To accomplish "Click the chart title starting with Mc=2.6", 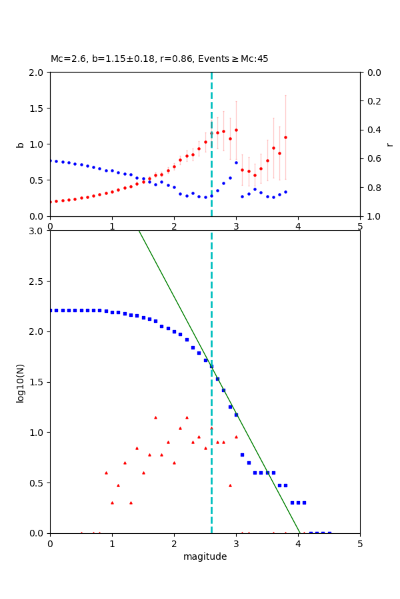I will click(x=159, y=59).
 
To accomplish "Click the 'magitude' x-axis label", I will click(x=205, y=556).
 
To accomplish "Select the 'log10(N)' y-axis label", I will click(x=20, y=382).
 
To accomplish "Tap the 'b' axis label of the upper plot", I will click(x=20, y=144).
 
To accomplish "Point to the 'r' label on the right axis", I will click(x=389, y=144).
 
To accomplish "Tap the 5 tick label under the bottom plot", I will click(x=360, y=544).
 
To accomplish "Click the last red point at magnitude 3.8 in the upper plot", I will click(x=285, y=137).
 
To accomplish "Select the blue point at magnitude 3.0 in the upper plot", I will click(x=236, y=162).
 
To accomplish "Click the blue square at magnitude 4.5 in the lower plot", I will click(x=329, y=533).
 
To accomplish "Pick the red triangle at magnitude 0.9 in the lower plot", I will click(x=106, y=473).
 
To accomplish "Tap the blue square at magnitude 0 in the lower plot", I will click(x=50, y=310).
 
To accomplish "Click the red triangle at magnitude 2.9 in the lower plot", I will click(x=230, y=485).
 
